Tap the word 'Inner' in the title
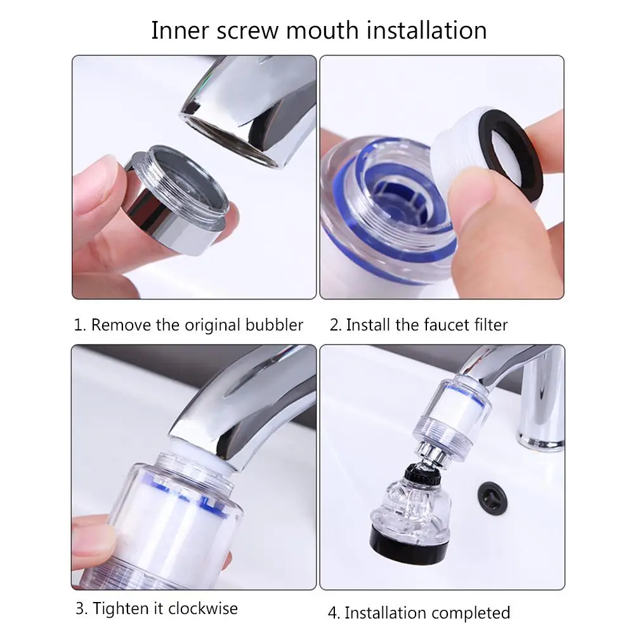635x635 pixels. tap(180, 30)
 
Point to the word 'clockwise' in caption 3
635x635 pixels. tap(203, 608)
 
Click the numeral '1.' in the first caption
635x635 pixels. tap(80, 325)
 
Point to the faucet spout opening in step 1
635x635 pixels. tap(231, 139)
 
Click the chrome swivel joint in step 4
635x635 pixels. tap(433, 454)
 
